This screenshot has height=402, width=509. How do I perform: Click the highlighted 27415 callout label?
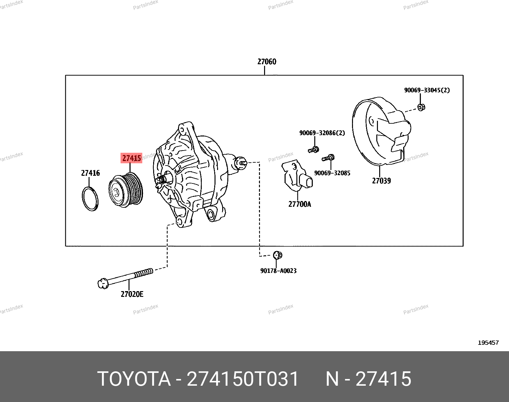(131, 158)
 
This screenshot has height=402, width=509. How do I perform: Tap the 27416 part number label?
(90, 173)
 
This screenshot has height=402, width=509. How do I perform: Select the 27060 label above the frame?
(267, 62)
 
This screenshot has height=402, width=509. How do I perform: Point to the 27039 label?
(381, 181)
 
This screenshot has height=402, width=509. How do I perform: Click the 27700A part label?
(300, 204)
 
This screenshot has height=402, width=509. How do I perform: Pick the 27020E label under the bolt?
(132, 294)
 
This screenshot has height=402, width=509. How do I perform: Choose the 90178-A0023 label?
(278, 271)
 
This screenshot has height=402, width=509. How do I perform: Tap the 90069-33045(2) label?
(427, 90)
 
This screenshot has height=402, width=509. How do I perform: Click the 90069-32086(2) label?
(322, 133)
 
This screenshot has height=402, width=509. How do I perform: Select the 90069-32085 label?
(332, 173)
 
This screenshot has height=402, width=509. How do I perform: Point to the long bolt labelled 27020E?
(125, 278)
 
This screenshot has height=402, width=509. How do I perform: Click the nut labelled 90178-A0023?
(278, 255)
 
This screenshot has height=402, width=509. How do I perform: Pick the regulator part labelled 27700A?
(297, 175)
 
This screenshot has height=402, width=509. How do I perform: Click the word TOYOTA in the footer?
(134, 379)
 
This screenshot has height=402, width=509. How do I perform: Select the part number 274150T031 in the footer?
(243, 379)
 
